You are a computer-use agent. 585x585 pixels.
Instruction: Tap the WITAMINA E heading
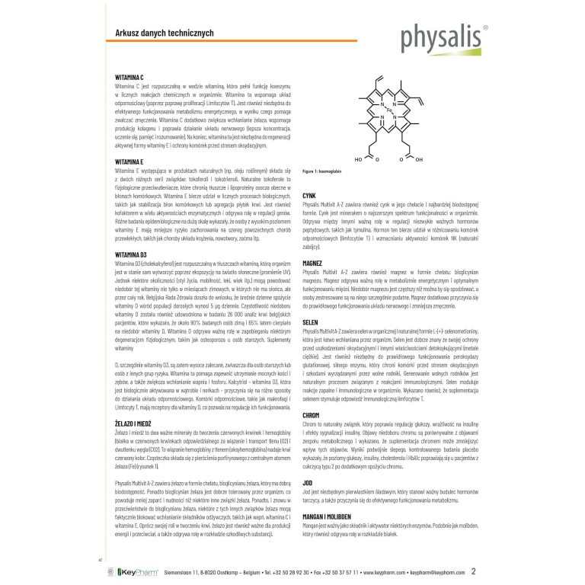107,162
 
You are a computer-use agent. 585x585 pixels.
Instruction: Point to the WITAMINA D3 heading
110,253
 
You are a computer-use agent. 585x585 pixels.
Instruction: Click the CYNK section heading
309,196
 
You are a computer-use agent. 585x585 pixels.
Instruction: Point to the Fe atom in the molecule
388,110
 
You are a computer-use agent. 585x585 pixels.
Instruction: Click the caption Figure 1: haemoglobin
329,171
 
